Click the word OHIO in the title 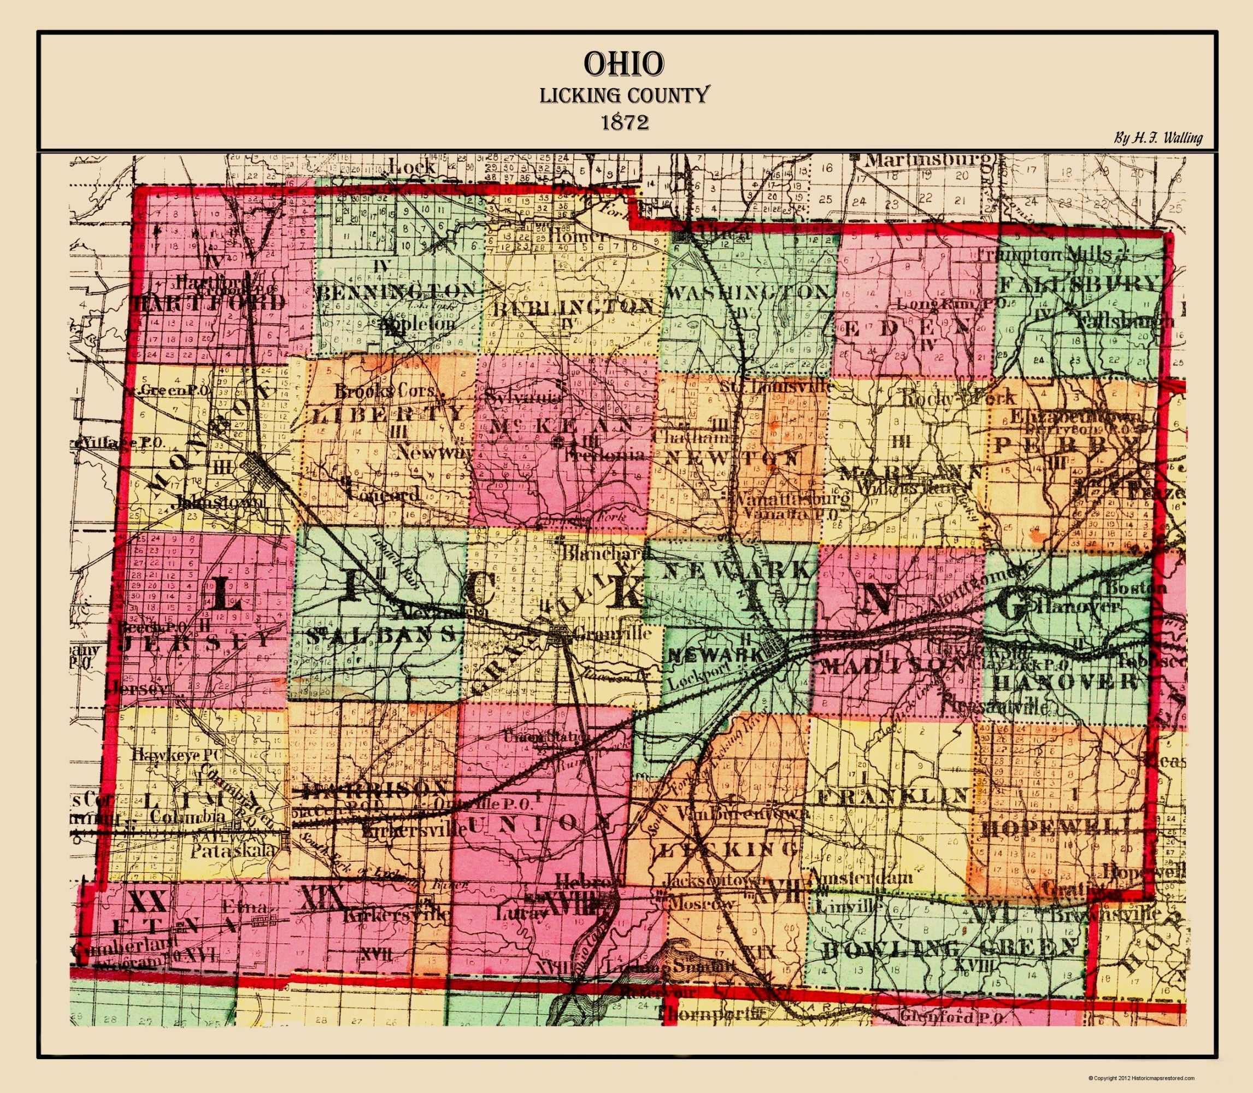click(623, 64)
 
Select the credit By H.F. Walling click(1158, 138)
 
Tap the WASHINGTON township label click(749, 292)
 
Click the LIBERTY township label click(389, 415)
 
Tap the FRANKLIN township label click(893, 795)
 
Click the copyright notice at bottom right click(1140, 1078)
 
